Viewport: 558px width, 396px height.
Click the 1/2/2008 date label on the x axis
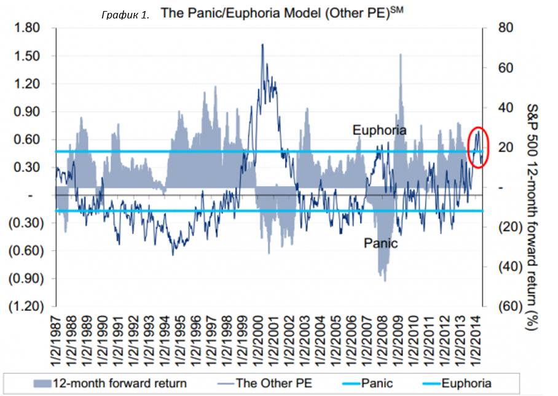point(382,340)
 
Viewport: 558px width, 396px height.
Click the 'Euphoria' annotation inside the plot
point(379,130)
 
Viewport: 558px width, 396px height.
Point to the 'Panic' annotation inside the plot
point(380,243)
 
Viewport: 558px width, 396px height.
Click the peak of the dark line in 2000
point(263,44)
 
